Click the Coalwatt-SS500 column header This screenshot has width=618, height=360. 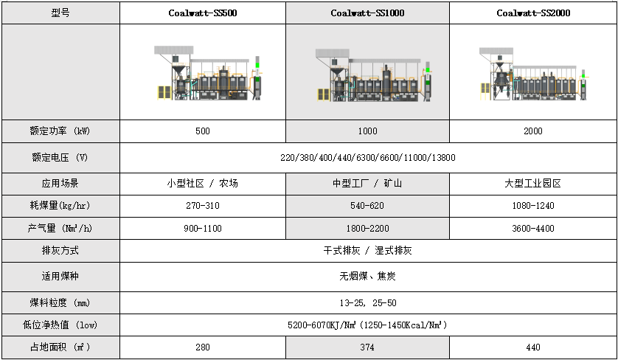202,13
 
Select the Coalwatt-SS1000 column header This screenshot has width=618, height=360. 367,13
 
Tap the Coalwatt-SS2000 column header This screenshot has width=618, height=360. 532,13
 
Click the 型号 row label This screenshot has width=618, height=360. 60,13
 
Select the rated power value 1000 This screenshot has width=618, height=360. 367,131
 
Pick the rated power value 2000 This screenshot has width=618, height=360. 532,131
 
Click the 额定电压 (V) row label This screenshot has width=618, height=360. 60,158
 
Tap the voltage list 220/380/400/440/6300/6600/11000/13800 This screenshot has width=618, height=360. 367,158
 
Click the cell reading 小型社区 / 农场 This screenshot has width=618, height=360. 202,184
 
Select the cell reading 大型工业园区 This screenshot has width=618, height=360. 532,184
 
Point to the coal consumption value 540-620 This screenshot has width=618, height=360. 367,206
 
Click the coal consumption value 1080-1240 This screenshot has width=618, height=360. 532,206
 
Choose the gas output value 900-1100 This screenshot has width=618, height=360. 202,229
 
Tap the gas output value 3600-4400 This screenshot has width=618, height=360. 532,229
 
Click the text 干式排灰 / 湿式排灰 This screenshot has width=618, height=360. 367,251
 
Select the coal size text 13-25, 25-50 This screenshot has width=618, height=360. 367,303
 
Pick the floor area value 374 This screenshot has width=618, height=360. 367,347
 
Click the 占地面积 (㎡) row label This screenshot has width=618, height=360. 60,347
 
